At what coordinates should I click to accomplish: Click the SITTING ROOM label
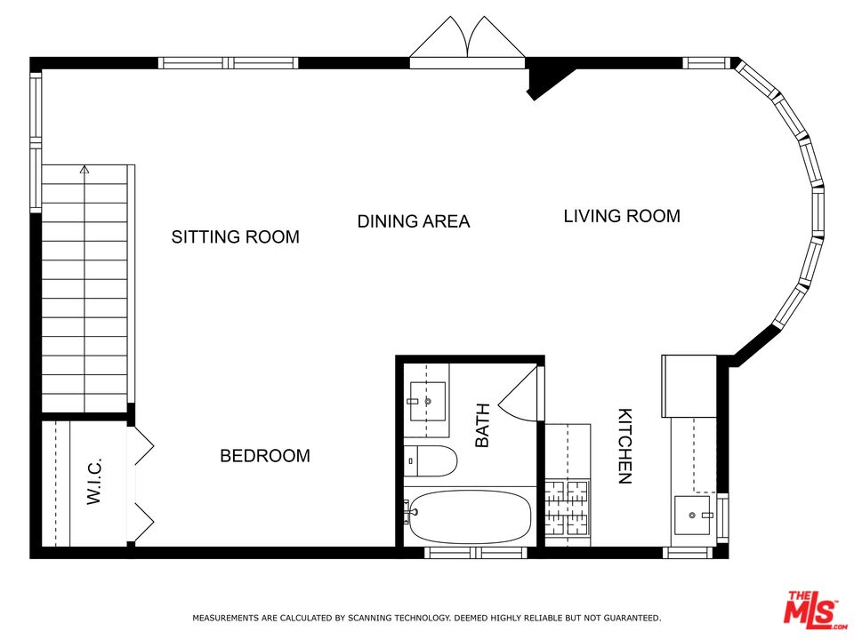click(235, 237)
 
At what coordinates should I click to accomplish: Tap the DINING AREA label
click(413, 221)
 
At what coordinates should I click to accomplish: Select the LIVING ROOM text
click(622, 216)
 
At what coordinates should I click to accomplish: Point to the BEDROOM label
click(265, 456)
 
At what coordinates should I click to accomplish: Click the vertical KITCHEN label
click(625, 446)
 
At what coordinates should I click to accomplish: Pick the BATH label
click(482, 425)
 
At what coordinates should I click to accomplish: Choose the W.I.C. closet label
click(95, 481)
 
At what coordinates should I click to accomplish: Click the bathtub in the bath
click(470, 516)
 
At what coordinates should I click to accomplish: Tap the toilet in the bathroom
click(431, 461)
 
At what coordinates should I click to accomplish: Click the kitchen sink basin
click(692, 515)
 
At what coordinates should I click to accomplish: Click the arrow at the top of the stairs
click(85, 169)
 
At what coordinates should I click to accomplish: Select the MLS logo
click(811, 609)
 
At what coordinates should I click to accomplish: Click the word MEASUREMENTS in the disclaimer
click(226, 618)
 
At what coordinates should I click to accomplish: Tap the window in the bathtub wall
click(463, 553)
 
